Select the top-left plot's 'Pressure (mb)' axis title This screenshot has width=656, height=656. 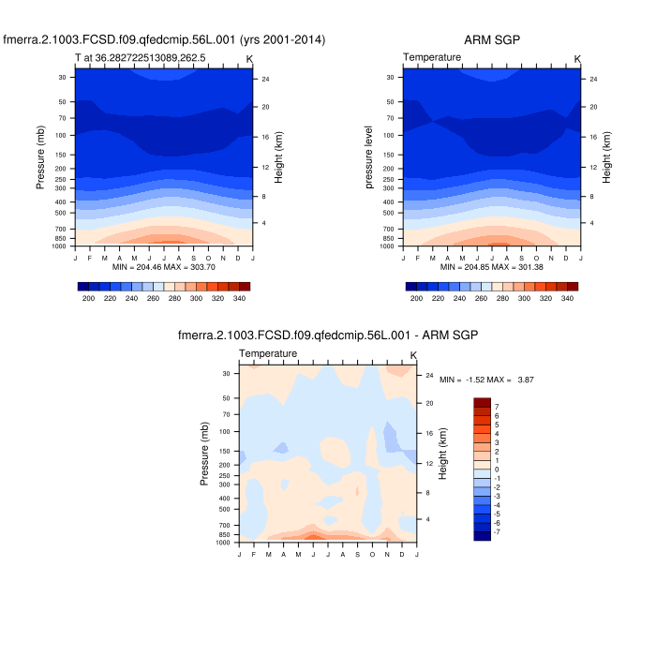[40, 159]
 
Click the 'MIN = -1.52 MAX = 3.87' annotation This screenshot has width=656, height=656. [487, 380]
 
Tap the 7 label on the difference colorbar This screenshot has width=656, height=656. [497, 407]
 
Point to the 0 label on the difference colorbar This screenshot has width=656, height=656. [497, 469]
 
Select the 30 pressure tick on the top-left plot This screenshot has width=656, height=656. [62, 78]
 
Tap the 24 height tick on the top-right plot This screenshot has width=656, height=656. [594, 79]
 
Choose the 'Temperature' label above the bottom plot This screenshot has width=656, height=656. [268, 353]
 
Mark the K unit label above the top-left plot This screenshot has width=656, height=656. [249, 59]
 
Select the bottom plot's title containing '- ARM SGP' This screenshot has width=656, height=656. [328, 335]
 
